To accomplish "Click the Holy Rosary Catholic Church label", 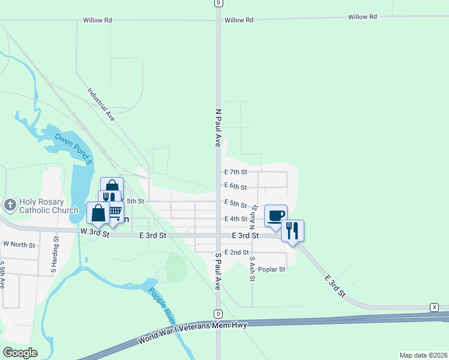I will coord(49,206).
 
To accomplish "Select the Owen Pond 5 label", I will coord(74,149).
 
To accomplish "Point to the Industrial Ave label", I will coord(101,105).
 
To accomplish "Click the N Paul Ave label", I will coord(218,128).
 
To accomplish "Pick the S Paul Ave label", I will coord(218,271).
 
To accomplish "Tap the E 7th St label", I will coord(236,172).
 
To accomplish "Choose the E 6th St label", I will coord(236,187).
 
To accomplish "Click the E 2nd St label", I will coord(236,252).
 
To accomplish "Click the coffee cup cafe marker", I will coord(276,215).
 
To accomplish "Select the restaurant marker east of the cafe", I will coord(292,230).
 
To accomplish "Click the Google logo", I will coord(20,353).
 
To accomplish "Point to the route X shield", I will coord(434,307).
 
